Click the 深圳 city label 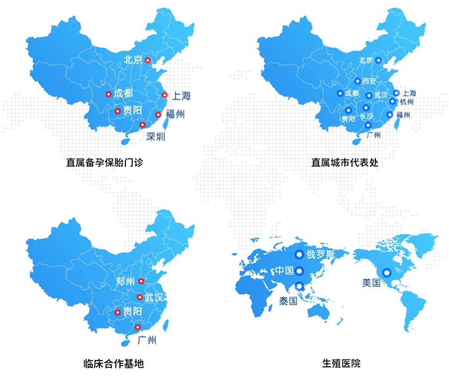pos(155,136)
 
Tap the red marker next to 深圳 pos(142,125)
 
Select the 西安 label pos(369,81)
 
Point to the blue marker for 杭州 pos(392,101)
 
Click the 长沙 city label pos(366,116)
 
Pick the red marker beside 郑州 pos(141,281)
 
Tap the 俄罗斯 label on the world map pos(320,255)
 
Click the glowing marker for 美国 pos(386,272)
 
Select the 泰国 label pos(288,301)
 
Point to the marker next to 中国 pos(299,271)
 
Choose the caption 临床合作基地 pos(113,363)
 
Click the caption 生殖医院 pos(341,363)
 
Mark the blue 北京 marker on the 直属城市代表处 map pos(378,60)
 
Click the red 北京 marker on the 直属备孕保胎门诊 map pos(147,60)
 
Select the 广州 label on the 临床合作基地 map pos(147,340)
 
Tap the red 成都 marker pos(108,94)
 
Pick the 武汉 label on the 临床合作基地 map pos(154,297)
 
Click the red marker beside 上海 pos(164,95)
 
